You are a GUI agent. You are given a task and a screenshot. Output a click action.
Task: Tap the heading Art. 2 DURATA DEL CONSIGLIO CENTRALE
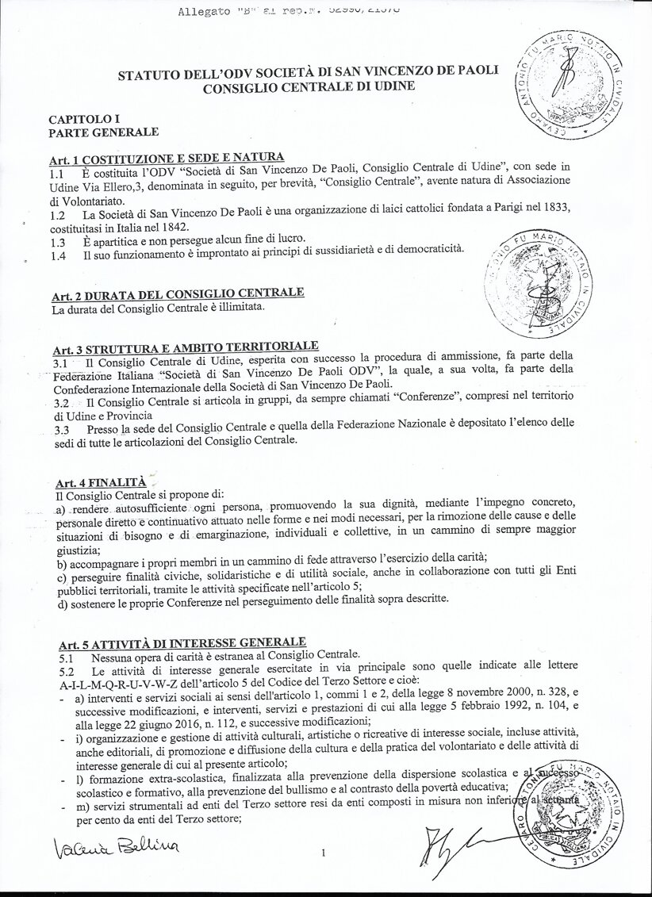177,294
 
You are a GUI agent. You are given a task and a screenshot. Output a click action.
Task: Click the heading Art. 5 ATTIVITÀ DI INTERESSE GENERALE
182,642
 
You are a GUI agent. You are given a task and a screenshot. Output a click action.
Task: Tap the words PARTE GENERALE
103,132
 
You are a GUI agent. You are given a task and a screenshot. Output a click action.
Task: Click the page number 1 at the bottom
324,853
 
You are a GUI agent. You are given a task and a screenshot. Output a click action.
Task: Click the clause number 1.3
57,243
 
